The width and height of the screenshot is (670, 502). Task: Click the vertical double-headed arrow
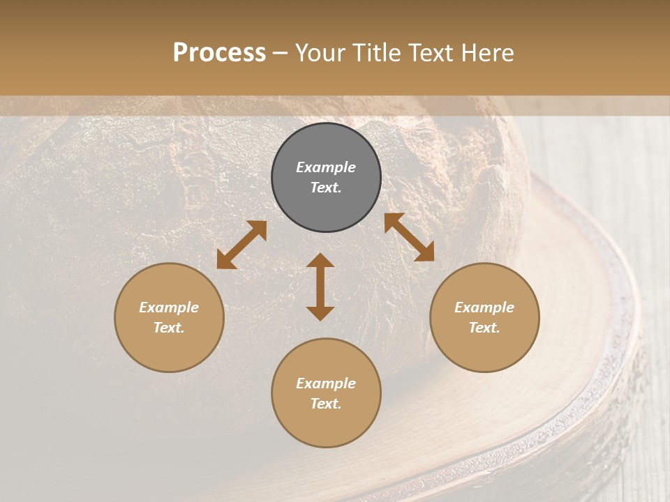click(x=320, y=287)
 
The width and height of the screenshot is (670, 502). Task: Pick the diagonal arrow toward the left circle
click(x=241, y=245)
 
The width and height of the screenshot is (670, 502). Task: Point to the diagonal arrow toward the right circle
click(x=409, y=237)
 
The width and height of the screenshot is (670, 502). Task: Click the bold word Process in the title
click(x=219, y=53)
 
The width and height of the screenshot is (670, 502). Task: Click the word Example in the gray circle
click(x=326, y=167)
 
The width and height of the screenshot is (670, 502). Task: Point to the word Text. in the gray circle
click(x=326, y=188)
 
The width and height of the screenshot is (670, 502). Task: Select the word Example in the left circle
click(x=169, y=307)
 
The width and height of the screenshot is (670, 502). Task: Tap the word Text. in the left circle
click(x=169, y=328)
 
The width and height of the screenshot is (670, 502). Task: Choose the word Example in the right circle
click(x=484, y=307)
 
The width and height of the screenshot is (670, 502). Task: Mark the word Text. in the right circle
click(x=484, y=328)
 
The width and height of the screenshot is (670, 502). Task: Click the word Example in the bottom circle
click(x=326, y=383)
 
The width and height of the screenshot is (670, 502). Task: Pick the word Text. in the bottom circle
click(x=326, y=404)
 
